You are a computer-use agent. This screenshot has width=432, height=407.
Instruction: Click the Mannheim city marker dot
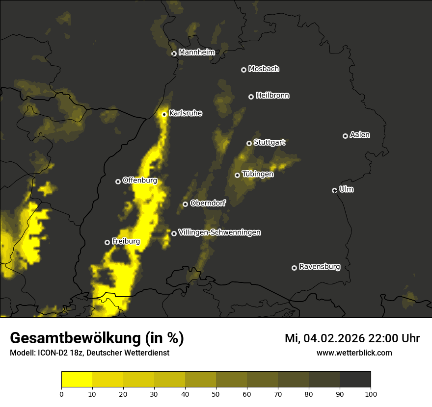tap(174, 54)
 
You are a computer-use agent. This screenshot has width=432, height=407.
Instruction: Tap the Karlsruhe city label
tap(186, 113)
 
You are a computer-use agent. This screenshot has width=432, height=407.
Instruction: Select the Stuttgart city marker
tap(249, 143)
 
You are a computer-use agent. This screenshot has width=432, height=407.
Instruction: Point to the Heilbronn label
tap(272, 96)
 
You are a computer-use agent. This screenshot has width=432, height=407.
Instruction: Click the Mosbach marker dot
tap(243, 70)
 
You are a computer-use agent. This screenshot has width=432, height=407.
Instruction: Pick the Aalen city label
tap(360, 135)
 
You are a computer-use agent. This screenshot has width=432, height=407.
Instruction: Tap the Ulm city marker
tap(335, 190)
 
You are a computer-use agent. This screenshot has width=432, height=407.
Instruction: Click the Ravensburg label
tap(319, 267)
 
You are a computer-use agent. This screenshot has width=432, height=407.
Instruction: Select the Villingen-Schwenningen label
tap(219, 232)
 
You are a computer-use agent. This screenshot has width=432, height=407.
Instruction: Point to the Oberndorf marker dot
tap(185, 204)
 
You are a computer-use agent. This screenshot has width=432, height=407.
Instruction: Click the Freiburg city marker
tap(107, 242)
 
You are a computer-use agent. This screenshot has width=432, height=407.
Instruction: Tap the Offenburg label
tap(139, 180)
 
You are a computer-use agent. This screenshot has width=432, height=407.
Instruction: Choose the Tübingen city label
tap(258, 174)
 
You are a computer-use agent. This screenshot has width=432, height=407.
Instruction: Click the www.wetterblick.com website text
tap(354, 353)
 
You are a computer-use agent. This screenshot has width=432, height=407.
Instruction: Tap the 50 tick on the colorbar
tap(216, 393)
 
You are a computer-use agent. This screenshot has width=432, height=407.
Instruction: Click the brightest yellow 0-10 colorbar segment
tap(77, 380)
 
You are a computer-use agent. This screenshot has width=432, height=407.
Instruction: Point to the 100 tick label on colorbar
tap(371, 393)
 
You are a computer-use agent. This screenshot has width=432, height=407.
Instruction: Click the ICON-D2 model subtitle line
tap(89, 353)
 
